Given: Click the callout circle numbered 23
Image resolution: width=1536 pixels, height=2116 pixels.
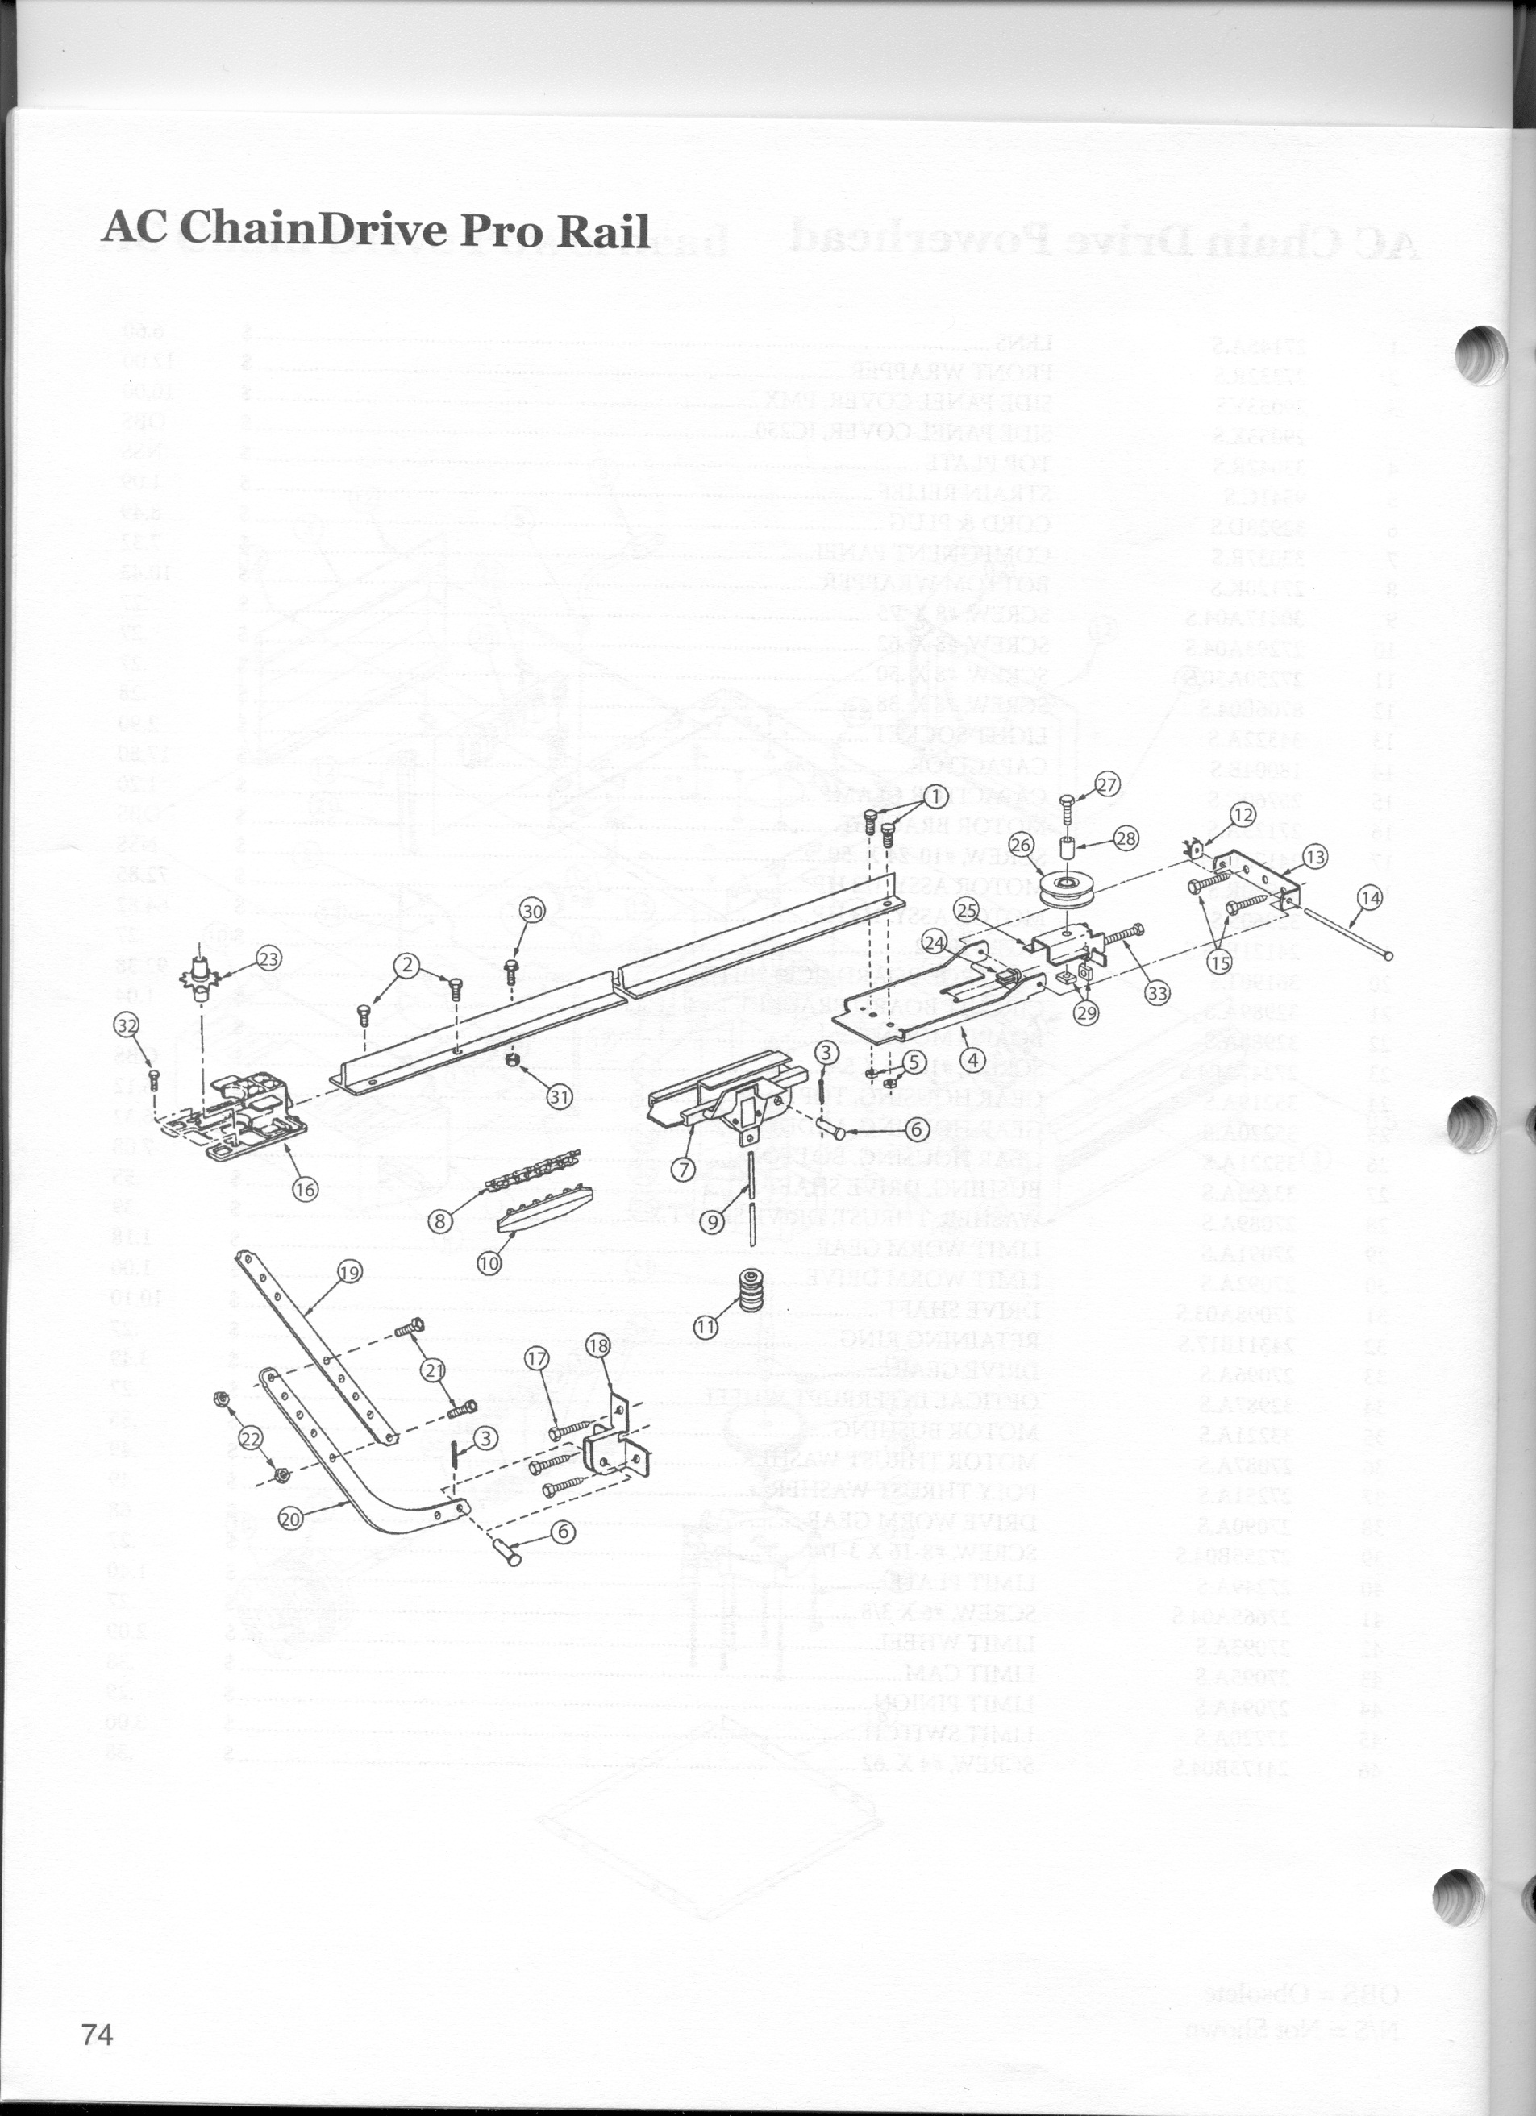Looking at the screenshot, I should coord(268,958).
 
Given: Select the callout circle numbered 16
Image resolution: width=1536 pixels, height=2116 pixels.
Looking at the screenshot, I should coord(305,1189).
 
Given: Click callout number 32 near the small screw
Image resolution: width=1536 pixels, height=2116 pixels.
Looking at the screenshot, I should coord(126,1025).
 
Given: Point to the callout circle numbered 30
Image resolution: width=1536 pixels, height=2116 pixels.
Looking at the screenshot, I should coord(532,912).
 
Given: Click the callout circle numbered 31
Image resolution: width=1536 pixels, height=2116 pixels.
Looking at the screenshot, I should coord(559,1097).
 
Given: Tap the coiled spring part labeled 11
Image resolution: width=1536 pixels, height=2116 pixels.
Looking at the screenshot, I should coord(751,1291).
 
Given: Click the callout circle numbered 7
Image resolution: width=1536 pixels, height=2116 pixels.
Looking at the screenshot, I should coord(686,1168).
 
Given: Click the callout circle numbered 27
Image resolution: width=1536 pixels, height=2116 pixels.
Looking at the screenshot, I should coord(1107,784).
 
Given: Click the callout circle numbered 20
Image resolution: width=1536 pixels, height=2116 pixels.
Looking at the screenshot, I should coord(290,1519).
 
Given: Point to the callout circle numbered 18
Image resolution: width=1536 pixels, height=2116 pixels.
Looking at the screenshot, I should coord(598,1345).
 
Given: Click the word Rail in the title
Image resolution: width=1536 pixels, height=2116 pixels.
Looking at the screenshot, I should coord(599,230).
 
